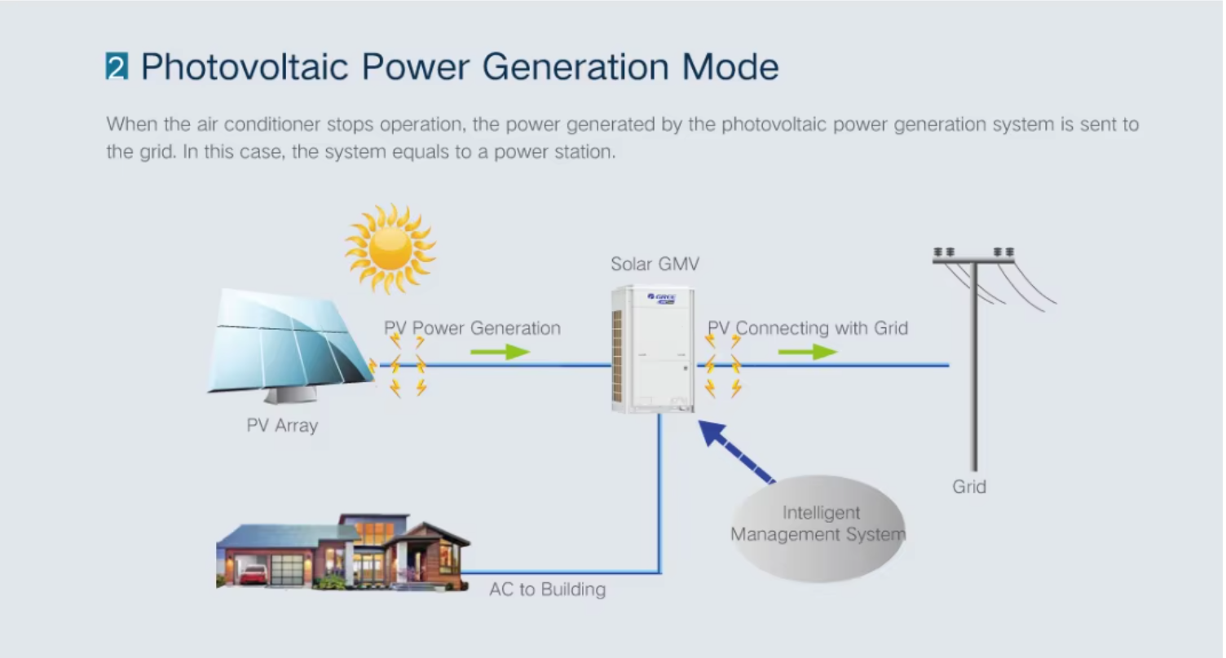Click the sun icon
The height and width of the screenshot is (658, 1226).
coord(390,249)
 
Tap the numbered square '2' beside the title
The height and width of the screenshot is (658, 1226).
coord(117,66)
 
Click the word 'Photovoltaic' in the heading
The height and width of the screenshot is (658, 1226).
coord(245,67)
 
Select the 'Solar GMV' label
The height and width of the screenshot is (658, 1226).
coord(655,264)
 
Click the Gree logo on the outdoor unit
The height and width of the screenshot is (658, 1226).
coord(662,298)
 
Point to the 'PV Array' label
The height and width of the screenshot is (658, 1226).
coord(282,426)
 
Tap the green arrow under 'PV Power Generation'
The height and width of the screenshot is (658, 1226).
coord(500,352)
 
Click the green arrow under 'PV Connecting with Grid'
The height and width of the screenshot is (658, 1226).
coord(807,352)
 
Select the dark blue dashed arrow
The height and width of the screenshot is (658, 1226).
coord(737,452)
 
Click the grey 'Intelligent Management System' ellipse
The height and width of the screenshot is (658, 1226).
coord(818,529)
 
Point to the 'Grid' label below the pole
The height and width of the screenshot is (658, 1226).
coord(968,486)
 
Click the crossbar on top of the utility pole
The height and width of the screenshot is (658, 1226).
coord(973,261)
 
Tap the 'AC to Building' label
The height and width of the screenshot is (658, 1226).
coord(547,590)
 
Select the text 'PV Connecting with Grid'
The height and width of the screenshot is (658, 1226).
coord(808,328)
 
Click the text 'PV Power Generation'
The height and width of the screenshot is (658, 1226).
coord(472,328)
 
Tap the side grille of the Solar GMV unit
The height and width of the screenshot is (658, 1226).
coord(617,356)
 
